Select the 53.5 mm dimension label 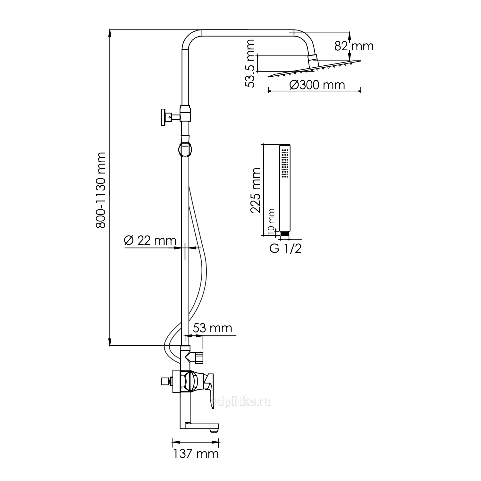[x=249, y=63]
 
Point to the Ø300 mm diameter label [x=317, y=85]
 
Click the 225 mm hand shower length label [x=256, y=190]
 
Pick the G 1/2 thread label [x=285, y=249]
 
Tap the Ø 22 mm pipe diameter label [x=150, y=240]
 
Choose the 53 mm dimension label [x=212, y=328]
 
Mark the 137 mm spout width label [x=196, y=454]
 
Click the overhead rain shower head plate [x=314, y=69]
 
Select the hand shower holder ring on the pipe [x=185, y=149]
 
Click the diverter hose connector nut [x=199, y=357]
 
